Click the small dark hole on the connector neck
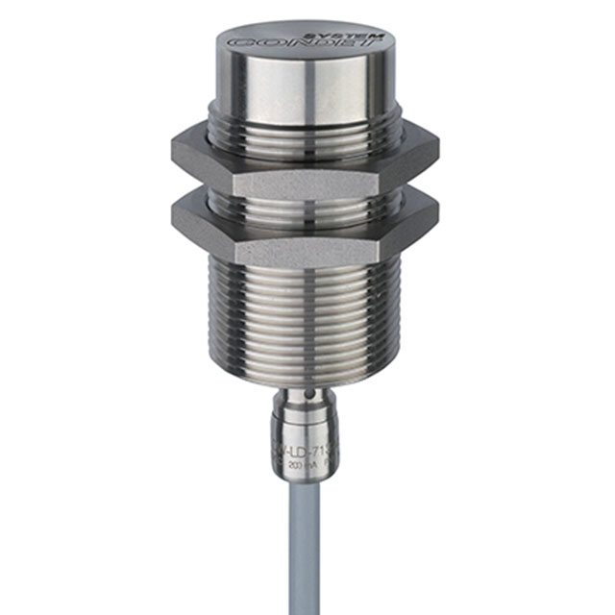point(308,395)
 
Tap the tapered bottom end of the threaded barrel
point(307,370)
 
